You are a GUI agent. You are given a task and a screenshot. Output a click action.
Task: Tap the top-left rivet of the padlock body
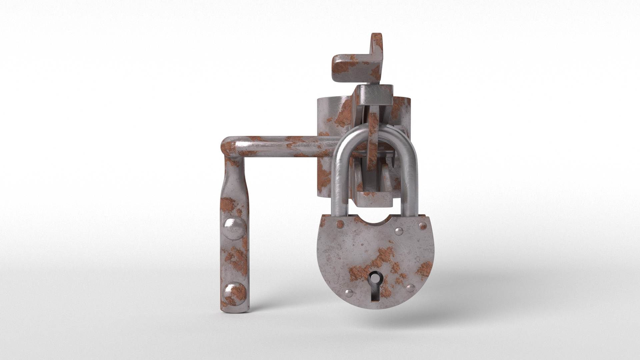(340, 223)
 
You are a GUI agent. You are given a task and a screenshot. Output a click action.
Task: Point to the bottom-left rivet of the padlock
(349, 293)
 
